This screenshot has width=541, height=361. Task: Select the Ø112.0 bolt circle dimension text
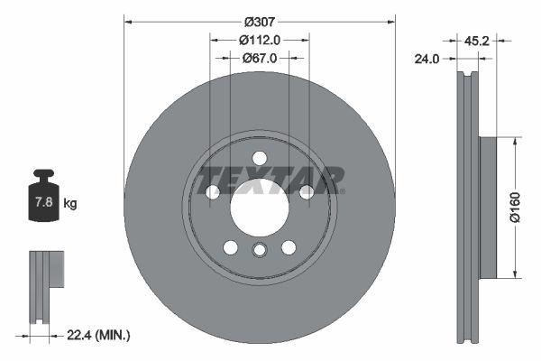point(260,39)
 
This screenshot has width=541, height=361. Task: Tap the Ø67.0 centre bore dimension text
point(260,58)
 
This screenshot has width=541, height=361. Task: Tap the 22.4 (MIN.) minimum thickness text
point(99,335)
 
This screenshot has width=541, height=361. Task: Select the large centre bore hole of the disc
point(260,208)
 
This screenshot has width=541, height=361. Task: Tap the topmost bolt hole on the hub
point(260,157)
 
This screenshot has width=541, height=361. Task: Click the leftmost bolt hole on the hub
point(213,191)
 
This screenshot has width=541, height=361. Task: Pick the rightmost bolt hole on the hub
point(307,191)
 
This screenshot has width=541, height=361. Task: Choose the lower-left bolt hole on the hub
point(231,247)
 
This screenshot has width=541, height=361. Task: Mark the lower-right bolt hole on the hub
point(289,247)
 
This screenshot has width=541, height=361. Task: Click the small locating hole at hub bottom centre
point(260,252)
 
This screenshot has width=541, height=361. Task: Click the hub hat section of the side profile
point(487,208)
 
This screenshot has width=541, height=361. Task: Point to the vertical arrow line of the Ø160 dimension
point(515,208)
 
